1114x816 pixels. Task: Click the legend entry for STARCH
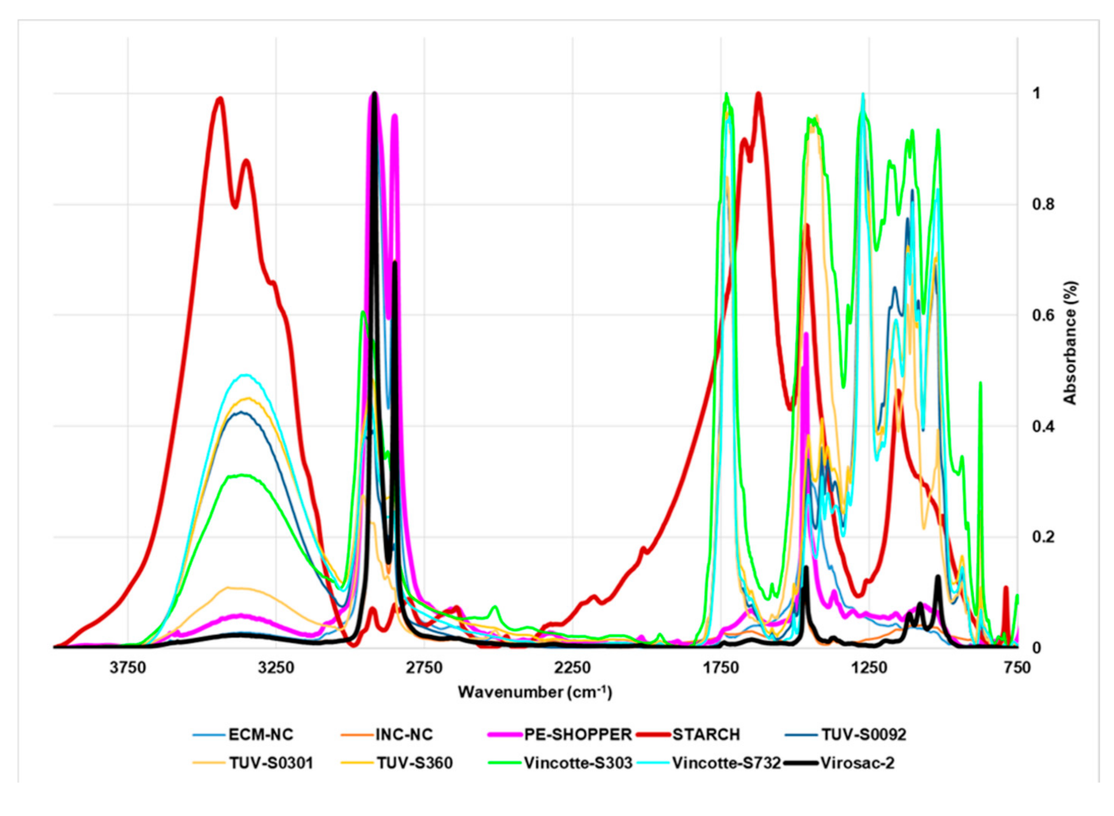pos(705,735)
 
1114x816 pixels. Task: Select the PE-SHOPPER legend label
pos(577,735)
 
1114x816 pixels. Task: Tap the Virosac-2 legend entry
pos(857,763)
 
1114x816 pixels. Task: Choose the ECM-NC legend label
pos(260,735)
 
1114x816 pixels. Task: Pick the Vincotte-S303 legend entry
pos(577,763)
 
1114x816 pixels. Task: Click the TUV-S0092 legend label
pos(863,735)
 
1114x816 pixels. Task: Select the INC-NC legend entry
pos(404,735)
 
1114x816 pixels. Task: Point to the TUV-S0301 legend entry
pos(271,763)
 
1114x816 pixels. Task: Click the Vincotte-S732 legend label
pos(726,763)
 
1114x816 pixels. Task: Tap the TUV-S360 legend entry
pos(414,763)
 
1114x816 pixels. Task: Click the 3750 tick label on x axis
pos(128,668)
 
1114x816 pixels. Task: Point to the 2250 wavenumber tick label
pos(572,668)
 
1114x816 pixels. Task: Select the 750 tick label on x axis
pos(1017,668)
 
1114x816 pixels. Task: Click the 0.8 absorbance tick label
pos(1042,204)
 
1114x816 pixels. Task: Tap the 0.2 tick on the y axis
pos(1042,537)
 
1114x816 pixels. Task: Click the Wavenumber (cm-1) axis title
pos(535,692)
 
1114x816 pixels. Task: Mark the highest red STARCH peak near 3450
pos(220,98)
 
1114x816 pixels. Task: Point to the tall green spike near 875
pos(980,383)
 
